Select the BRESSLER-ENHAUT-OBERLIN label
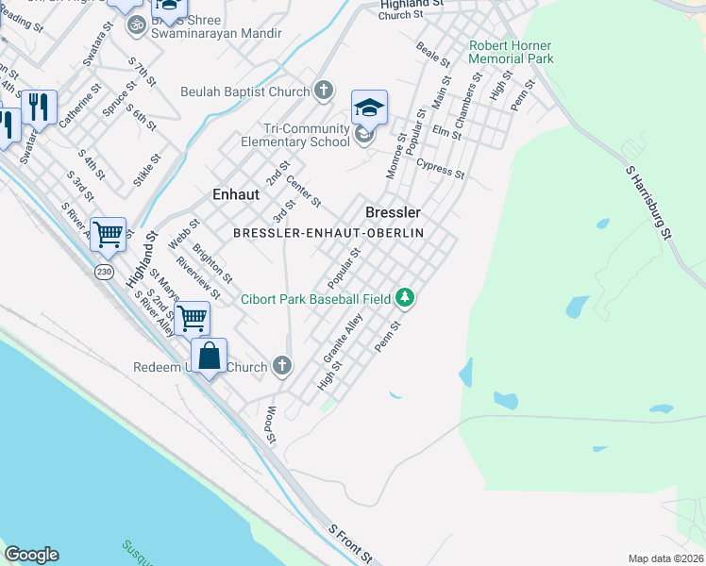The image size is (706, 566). click(328, 232)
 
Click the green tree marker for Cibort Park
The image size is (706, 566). click(405, 298)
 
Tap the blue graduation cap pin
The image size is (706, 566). click(370, 108)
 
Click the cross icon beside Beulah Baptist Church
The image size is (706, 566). click(324, 92)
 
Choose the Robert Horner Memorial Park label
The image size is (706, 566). click(511, 52)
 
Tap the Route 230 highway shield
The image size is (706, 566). click(105, 272)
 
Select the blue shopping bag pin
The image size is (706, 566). click(210, 357)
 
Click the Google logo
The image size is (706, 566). click(31, 555)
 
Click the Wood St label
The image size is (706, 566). click(271, 425)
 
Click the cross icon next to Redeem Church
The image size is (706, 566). click(281, 365)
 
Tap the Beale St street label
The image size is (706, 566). click(433, 53)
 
